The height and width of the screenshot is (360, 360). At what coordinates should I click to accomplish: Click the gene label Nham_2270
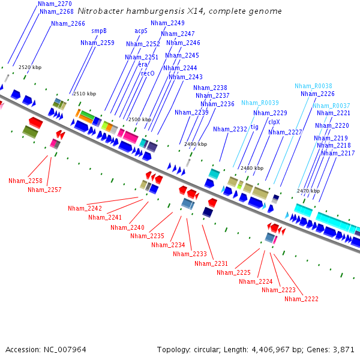click(55, 4)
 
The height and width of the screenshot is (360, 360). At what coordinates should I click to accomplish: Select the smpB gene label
click(99, 31)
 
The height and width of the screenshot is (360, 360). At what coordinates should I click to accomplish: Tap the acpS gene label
click(141, 31)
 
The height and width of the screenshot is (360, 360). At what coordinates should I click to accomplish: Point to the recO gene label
click(148, 73)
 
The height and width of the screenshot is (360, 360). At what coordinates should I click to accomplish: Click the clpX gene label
click(274, 122)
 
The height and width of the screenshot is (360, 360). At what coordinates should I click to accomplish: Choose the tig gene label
click(254, 127)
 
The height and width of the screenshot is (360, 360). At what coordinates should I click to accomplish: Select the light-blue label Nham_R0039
click(260, 103)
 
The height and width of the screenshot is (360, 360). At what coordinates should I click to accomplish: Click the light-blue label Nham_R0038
click(313, 86)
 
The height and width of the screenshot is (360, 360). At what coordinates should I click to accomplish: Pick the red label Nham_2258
click(25, 181)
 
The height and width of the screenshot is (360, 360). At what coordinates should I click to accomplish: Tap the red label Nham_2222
click(301, 299)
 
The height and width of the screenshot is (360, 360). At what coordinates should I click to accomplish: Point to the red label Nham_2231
click(211, 264)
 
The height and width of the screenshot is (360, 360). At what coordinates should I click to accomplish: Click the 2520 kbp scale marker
click(30, 68)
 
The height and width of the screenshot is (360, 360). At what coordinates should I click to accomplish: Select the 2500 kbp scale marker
click(139, 120)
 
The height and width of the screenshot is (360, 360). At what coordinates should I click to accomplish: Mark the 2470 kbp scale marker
click(308, 191)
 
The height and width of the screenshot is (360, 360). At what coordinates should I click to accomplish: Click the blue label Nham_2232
click(230, 129)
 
